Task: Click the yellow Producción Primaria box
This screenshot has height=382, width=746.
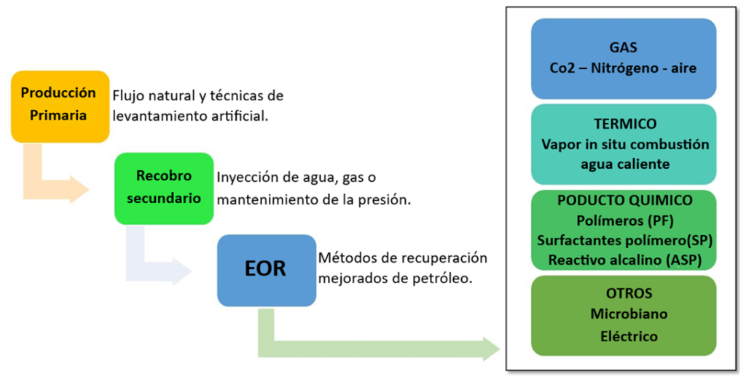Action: (x=60, y=106)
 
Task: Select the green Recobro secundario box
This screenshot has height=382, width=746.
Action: (x=164, y=188)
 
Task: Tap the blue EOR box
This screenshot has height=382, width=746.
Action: (x=267, y=270)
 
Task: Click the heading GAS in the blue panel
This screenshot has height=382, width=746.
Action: (x=623, y=48)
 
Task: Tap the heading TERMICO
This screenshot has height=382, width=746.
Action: (x=624, y=124)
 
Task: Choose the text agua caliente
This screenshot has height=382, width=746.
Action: (x=624, y=164)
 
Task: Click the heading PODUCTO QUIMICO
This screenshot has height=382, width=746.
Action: (x=624, y=201)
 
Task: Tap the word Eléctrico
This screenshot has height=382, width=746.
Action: (x=629, y=336)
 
